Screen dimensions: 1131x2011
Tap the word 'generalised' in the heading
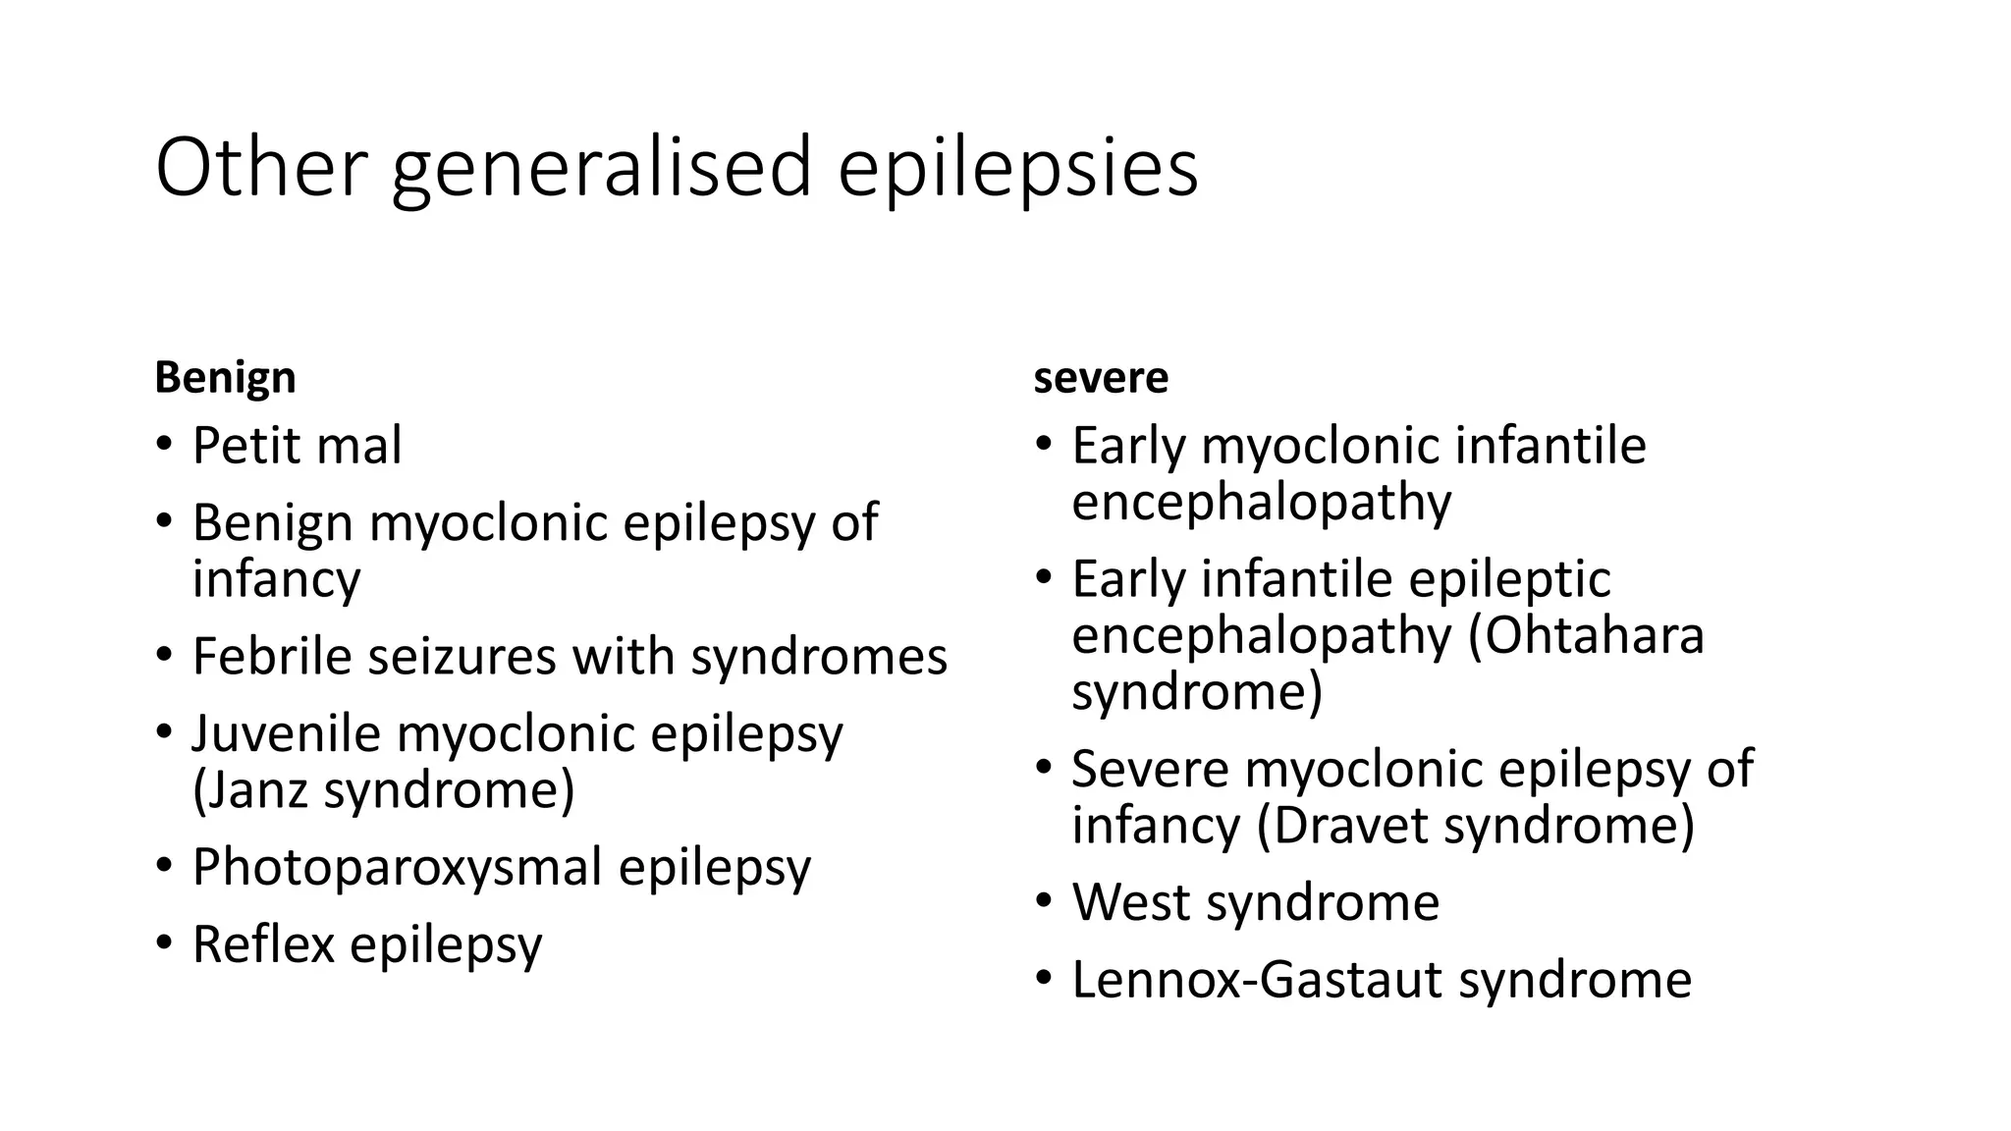point(601,168)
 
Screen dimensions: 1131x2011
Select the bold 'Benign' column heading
point(225,378)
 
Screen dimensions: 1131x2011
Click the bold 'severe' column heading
point(1101,378)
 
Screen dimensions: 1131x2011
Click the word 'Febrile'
point(271,656)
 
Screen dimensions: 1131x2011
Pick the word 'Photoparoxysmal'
point(397,867)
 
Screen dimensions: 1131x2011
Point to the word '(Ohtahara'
point(1586,635)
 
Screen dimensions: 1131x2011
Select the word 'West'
point(1130,902)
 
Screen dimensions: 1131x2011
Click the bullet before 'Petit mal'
point(163,445)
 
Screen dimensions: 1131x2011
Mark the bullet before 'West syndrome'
point(1043,902)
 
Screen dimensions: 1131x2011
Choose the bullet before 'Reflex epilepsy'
point(163,943)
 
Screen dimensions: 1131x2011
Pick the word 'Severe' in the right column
point(1149,769)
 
